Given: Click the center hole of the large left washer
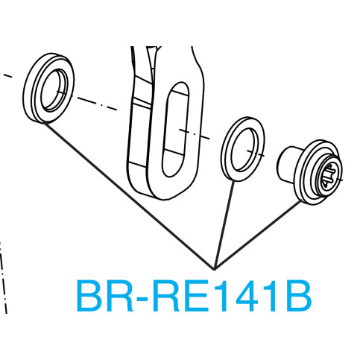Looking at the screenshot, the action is (x=54, y=90).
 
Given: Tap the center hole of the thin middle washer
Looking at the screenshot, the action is (x=244, y=150).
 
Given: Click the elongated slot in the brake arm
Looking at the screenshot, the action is (x=175, y=129).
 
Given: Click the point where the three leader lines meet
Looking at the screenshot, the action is (x=214, y=269).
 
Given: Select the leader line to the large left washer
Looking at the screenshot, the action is (x=129, y=196).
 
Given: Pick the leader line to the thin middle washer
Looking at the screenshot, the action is (x=224, y=225).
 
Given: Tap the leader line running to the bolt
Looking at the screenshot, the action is (x=257, y=235).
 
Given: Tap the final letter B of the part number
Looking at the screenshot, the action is (x=299, y=296).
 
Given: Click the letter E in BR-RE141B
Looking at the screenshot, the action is (x=197, y=296).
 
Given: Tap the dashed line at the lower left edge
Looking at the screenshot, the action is (x=3, y=276).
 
